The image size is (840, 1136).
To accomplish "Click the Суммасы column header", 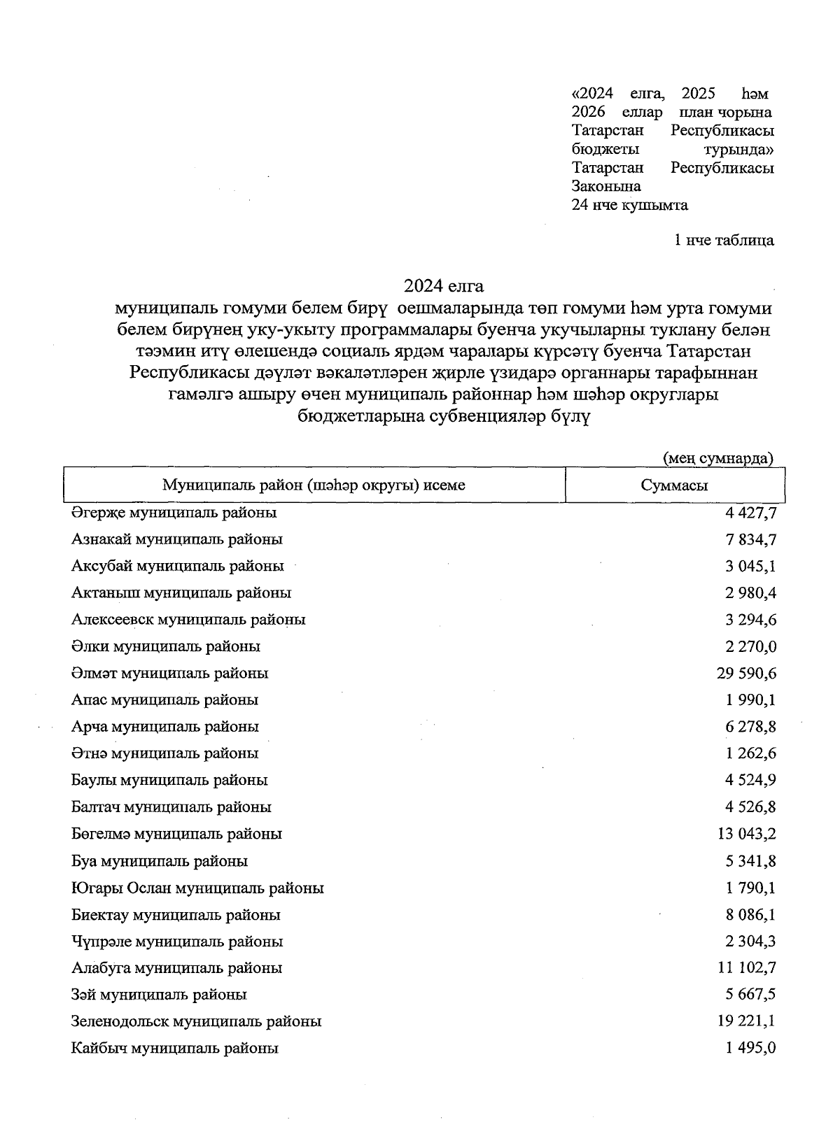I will click(x=674, y=485).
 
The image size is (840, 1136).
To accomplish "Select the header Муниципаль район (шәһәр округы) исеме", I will click(x=314, y=485).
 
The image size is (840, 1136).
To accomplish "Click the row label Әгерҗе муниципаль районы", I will click(x=174, y=513).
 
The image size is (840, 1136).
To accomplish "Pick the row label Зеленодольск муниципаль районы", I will click(x=196, y=1021).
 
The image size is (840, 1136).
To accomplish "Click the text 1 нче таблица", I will click(x=724, y=241).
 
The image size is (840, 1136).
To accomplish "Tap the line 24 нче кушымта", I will click(x=629, y=205).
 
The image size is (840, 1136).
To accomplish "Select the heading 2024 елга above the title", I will click(x=443, y=286).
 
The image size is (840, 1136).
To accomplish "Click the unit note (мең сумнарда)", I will click(x=717, y=458).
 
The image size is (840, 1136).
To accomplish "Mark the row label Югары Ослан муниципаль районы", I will click(x=197, y=888).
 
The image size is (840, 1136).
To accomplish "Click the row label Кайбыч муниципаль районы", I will click(x=175, y=1049).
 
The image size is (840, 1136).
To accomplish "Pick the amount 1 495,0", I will click(x=751, y=1049).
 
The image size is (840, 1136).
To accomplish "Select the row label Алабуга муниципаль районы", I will click(x=176, y=968).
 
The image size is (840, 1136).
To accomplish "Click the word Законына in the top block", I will click(x=606, y=187).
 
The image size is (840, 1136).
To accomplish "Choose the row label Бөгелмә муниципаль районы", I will click(x=176, y=834).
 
